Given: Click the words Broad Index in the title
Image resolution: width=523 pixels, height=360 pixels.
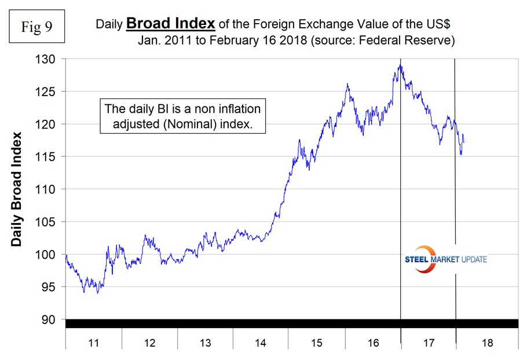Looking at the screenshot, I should point(171,24).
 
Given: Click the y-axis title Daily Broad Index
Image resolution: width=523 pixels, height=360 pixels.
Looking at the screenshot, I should point(17,189).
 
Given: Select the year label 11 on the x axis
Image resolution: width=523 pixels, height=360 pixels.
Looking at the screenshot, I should point(93,343).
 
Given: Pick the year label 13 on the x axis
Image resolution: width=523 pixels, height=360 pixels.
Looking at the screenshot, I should point(205,343).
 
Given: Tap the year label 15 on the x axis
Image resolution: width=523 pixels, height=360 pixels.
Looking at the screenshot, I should point(317,343).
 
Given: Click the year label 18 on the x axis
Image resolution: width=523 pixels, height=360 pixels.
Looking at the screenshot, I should point(487,343).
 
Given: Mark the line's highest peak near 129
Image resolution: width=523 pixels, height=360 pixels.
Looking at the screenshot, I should point(400,65).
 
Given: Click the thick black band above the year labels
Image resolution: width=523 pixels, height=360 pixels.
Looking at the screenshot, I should point(290,324).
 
